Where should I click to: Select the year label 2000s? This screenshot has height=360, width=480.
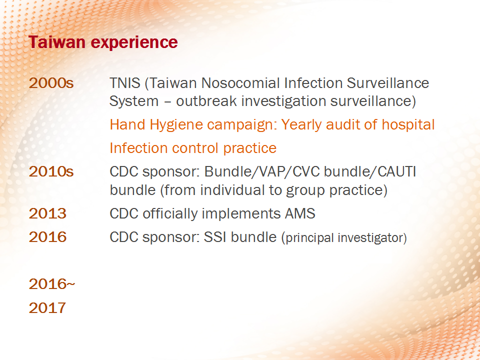51,83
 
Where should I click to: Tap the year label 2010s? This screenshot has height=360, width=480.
51,171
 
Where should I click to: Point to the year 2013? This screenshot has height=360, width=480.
47,213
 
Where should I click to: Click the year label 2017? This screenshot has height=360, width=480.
47,307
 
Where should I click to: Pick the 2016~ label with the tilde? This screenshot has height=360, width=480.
51,284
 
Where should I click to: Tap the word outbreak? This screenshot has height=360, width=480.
206,101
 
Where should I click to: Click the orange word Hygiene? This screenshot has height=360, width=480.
176,125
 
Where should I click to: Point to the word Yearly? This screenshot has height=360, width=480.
301,125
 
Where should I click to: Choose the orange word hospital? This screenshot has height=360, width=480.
408,125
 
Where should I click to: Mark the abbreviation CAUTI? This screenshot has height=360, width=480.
396,171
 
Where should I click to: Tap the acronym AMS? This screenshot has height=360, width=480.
300,213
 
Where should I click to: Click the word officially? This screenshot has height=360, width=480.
170,213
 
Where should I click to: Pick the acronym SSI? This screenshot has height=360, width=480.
215,237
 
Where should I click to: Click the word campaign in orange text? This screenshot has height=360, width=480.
242,125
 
